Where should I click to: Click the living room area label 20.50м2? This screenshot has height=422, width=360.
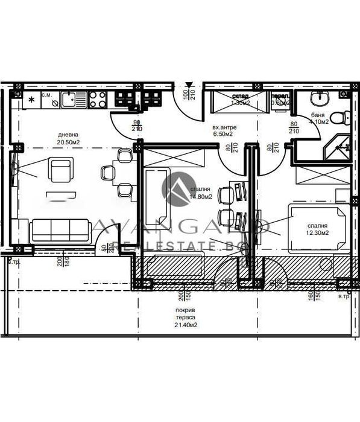(69, 142)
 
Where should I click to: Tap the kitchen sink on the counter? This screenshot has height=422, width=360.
(69, 100)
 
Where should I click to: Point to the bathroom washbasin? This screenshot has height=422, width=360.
(320, 98)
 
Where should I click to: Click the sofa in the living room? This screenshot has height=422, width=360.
(60, 230)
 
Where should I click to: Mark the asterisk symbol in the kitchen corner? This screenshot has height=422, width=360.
(30, 98)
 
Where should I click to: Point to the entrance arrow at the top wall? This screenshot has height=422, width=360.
(191, 85)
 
